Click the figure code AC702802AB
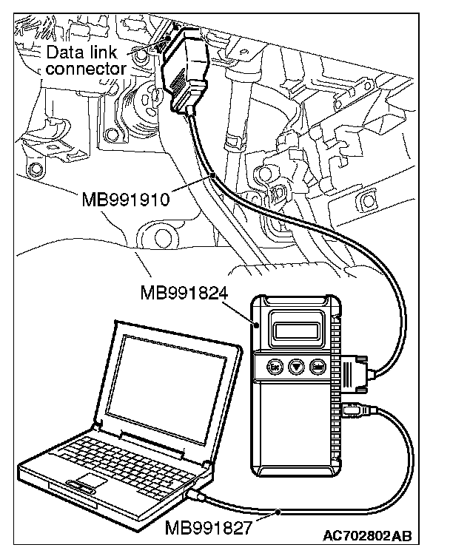(368, 534)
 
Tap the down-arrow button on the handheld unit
(297, 365)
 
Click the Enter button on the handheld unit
(319, 365)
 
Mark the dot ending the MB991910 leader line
(213, 174)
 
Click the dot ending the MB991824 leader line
(256, 324)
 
